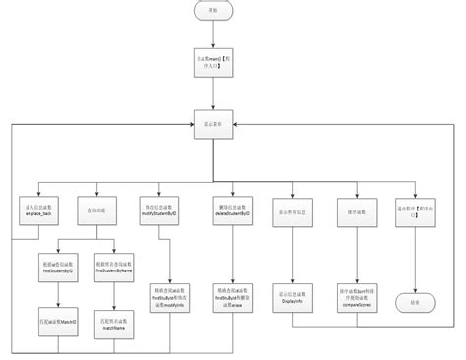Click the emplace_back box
(37, 210)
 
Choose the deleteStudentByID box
(232, 210)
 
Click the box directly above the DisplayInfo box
(292, 210)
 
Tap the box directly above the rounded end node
(409, 210)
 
